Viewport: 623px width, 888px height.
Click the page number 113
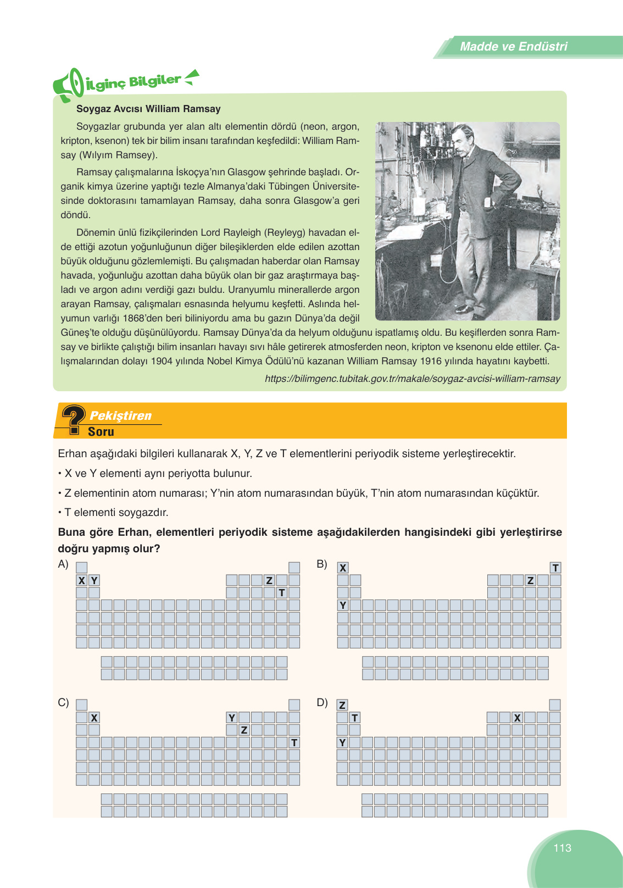pos(562,848)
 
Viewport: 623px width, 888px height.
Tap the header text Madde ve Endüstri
pos(513,47)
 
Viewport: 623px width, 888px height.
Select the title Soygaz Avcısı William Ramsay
pos(148,109)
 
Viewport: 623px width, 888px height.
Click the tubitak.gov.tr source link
pos(412,379)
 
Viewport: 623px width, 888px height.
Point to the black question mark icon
pos(73,419)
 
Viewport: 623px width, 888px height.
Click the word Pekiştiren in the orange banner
pos(120,415)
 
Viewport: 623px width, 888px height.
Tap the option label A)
pos(63,564)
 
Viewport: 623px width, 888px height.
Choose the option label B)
pos(322,564)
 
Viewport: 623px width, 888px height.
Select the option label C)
pos(63,702)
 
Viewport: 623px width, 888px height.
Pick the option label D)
pos(322,702)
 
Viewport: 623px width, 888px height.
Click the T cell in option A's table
pos(282,593)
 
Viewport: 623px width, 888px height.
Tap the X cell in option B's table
pos(343,568)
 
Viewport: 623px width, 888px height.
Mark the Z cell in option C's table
pos(244,730)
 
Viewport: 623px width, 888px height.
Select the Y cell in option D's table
pos(342,743)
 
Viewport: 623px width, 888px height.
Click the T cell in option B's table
pos(555,568)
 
